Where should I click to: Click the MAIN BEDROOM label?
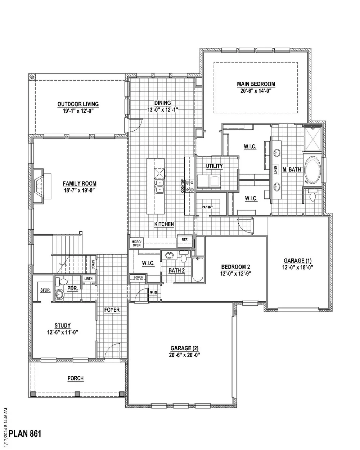click(256, 84)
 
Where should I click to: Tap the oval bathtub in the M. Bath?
click(312, 171)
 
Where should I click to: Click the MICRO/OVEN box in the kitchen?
click(136, 243)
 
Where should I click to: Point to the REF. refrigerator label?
click(185, 239)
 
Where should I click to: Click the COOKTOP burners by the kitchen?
click(189, 186)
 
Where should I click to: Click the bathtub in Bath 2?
click(197, 269)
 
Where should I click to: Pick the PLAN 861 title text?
click(25, 433)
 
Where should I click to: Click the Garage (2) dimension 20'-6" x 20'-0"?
click(184, 355)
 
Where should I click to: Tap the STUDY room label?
click(62, 325)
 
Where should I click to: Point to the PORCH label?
click(76, 378)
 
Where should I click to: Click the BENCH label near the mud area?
click(138, 277)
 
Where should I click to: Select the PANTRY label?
click(207, 207)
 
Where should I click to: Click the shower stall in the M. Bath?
click(313, 139)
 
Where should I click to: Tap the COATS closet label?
click(93, 265)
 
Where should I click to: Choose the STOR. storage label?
click(45, 290)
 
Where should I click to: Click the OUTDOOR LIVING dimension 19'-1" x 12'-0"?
click(78, 111)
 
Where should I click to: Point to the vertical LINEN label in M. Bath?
click(275, 170)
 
